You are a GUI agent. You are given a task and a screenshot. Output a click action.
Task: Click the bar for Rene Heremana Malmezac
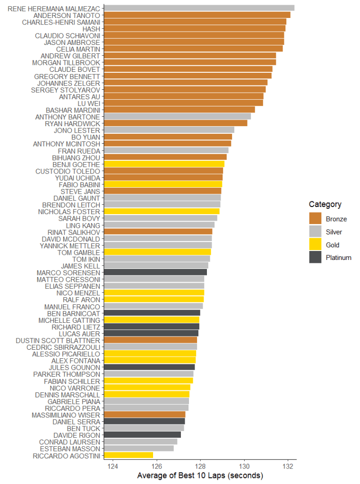click(198, 8)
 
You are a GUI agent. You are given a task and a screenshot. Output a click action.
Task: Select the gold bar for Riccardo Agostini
click(129, 456)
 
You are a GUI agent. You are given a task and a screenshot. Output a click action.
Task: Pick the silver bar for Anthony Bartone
click(177, 117)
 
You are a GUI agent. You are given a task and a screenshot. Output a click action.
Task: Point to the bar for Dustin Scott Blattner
click(150, 340)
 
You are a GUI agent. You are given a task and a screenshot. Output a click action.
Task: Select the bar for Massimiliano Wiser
click(145, 415)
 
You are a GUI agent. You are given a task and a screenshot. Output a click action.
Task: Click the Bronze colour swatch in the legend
click(315, 218)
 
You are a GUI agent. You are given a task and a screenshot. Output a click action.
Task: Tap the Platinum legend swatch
click(315, 258)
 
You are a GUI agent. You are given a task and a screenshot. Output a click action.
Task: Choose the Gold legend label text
click(333, 245)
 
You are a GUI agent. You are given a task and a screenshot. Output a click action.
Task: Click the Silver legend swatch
click(315, 232)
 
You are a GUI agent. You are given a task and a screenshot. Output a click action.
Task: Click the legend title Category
click(325, 204)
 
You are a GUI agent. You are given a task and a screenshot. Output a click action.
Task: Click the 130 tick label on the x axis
click(244, 466)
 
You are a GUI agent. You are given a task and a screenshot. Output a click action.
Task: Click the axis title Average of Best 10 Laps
click(200, 475)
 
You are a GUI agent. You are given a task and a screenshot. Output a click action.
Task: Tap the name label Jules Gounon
click(75, 368)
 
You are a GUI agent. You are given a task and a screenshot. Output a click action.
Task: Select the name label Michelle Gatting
click(69, 320)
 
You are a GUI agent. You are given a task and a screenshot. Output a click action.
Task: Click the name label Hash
click(91, 28)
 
